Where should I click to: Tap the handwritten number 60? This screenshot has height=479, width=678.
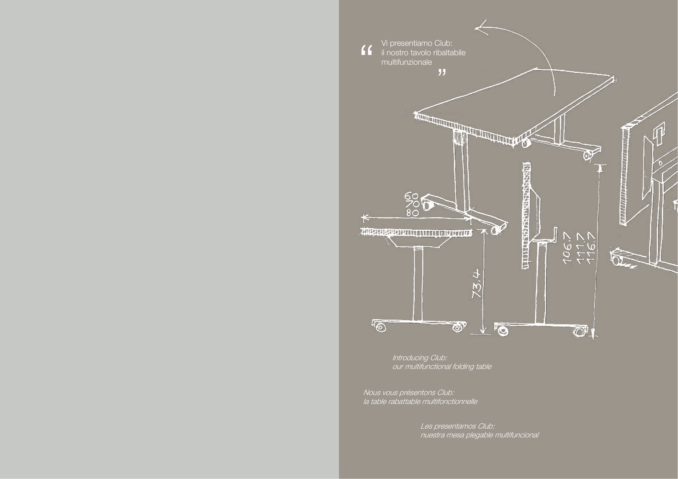point(411,196)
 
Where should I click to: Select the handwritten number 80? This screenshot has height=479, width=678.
point(412,213)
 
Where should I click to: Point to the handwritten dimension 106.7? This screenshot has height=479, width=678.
point(568,248)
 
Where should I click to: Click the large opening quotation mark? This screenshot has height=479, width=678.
point(366,50)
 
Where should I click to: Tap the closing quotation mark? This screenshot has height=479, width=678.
point(442,73)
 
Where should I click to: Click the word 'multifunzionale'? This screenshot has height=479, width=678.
point(406,62)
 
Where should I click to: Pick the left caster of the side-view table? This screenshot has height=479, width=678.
point(381,327)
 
